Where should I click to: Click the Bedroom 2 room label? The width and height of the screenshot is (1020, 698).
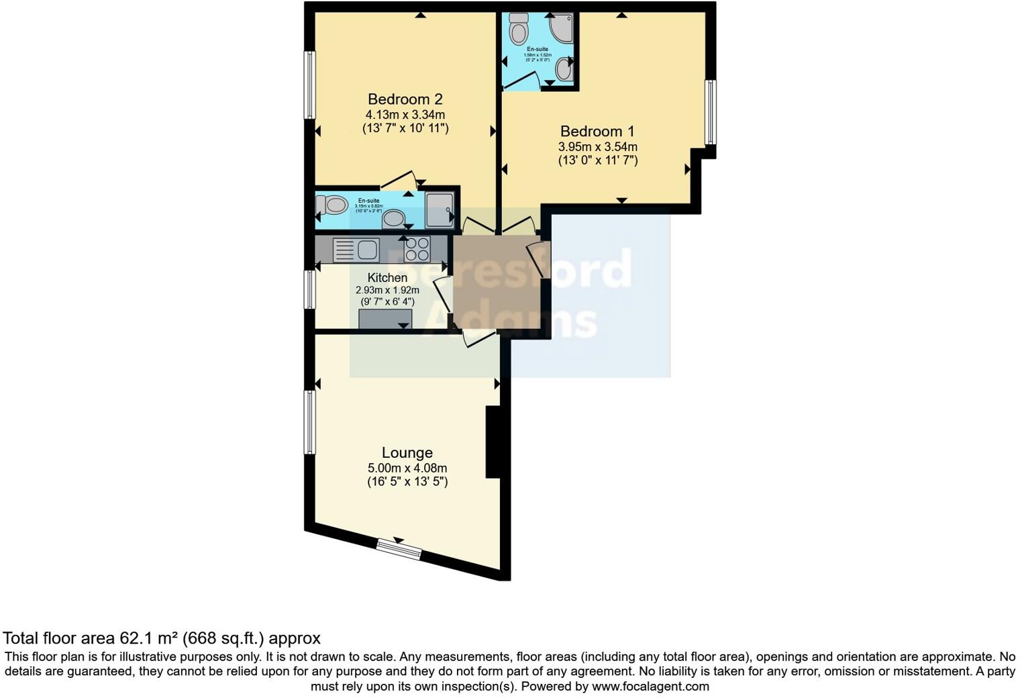tap(405, 99)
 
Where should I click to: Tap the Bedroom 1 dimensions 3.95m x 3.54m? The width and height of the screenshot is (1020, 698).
tap(597, 146)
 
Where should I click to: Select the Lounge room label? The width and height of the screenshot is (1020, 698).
tap(407, 453)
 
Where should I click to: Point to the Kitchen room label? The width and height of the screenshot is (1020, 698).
tap(387, 278)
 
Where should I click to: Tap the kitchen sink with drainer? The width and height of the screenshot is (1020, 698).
tap(356, 250)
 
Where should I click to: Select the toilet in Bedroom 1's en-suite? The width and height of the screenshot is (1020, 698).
tap(518, 30)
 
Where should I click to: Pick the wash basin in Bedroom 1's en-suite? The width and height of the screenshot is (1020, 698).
tap(564, 69)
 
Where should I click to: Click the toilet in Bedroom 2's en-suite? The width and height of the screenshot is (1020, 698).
tap(332, 204)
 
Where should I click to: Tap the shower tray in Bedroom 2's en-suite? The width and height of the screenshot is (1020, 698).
tap(440, 209)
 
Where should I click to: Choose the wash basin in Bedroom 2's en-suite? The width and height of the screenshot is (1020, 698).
tap(393, 218)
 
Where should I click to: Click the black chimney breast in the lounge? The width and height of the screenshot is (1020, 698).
tap(493, 442)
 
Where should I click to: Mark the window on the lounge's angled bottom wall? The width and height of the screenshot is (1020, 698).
tap(399, 549)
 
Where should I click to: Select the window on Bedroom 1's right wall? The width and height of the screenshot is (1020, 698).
tap(710, 113)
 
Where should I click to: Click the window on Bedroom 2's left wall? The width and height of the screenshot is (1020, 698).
tap(309, 85)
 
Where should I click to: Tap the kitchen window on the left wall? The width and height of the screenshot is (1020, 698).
tap(309, 289)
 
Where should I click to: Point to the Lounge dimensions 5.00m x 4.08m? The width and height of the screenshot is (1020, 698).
tap(407, 468)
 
